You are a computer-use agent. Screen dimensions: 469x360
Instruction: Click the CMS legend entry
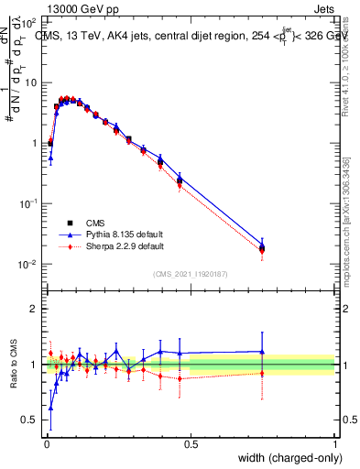pos(95,223)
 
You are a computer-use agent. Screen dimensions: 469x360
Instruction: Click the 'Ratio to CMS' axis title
pos(13,365)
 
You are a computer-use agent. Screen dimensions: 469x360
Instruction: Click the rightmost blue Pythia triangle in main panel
pos(262,245)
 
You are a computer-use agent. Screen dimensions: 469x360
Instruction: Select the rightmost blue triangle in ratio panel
pos(262,352)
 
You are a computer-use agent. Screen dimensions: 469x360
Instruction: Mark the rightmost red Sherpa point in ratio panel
pos(262,372)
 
